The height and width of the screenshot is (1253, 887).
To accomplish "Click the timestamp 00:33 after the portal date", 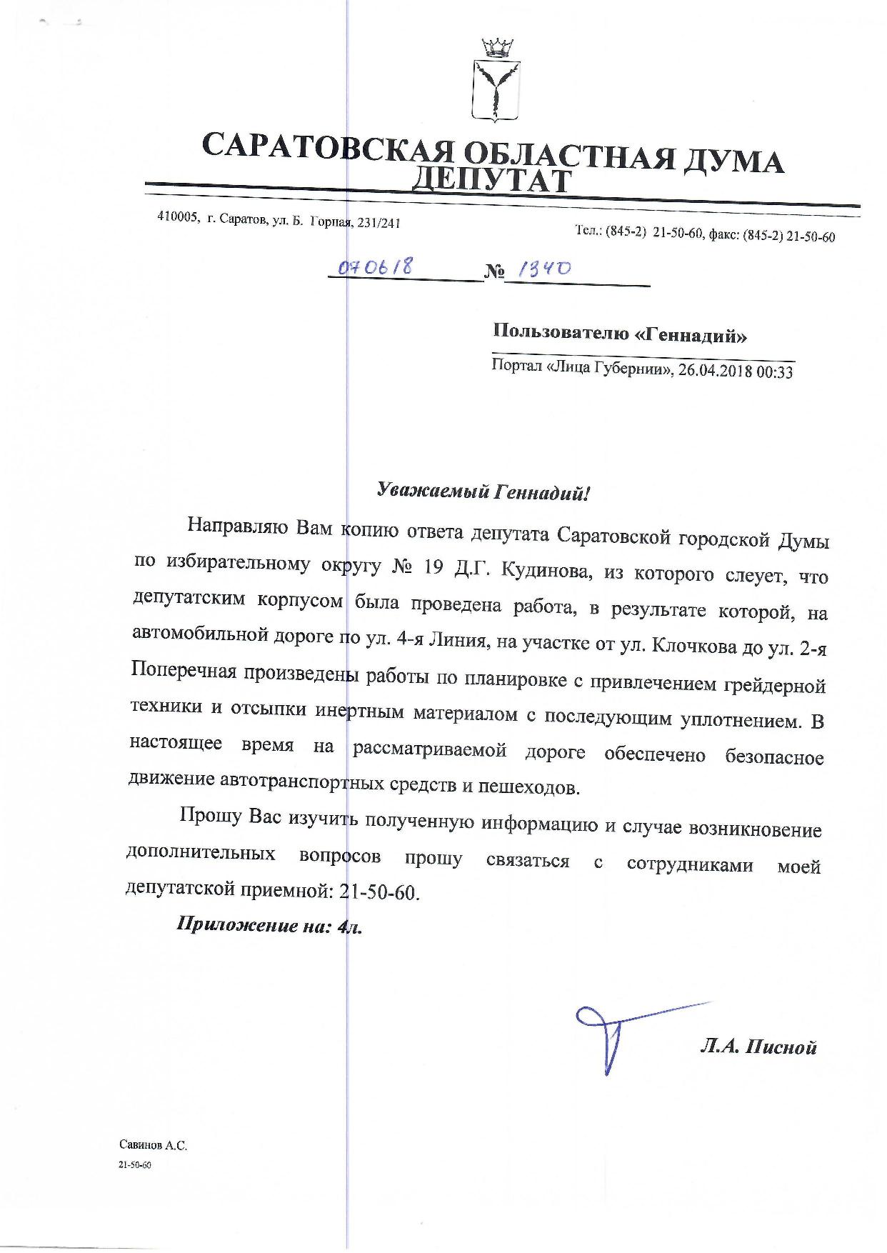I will pos(776,372).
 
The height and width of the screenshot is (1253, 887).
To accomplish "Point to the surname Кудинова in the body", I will pos(542,570).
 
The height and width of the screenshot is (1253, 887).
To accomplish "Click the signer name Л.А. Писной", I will pos(758,1047).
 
